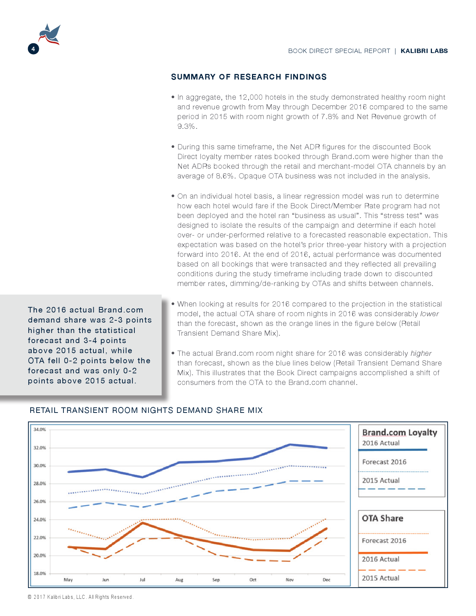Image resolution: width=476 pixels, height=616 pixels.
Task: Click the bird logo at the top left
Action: [50, 34]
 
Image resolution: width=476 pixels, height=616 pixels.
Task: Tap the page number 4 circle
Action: [33, 49]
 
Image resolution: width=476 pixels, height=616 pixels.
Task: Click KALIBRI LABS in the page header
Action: [424, 51]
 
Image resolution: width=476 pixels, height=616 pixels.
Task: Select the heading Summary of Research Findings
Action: [249, 77]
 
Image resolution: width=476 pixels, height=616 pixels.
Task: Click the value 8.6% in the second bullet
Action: [225, 176]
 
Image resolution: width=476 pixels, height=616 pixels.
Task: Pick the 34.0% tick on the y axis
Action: [40, 429]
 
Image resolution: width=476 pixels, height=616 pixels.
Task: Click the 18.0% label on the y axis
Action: [40, 573]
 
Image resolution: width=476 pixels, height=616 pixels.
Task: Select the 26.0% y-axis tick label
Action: [40, 501]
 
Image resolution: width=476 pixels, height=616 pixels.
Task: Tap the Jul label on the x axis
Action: [142, 580]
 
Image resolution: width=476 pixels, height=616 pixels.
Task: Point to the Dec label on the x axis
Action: [326, 580]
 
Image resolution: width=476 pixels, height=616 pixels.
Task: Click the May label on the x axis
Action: [68, 580]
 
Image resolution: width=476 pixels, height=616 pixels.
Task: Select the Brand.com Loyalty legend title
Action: [399, 432]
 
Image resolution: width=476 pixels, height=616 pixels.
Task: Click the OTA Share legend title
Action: [382, 518]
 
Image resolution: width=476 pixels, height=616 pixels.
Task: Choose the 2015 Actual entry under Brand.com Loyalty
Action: [381, 480]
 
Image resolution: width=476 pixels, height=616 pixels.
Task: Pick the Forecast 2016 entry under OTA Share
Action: [384, 541]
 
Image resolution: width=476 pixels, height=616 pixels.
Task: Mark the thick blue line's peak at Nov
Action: [290, 445]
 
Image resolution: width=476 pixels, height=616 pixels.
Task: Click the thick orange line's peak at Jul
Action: [142, 523]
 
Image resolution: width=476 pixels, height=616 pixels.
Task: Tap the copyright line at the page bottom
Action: [80, 597]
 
